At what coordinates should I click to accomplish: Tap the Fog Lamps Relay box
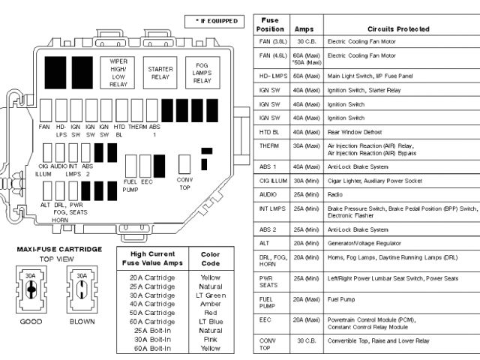pyautogui.click(x=202, y=73)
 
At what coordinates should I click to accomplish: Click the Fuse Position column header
pyautogui.click(x=270, y=23)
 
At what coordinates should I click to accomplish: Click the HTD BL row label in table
pyautogui.click(x=269, y=131)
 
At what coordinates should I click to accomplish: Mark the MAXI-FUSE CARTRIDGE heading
pyautogui.click(x=59, y=248)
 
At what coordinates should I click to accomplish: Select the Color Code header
pyautogui.click(x=211, y=259)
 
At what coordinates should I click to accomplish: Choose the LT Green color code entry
pyautogui.click(x=211, y=295)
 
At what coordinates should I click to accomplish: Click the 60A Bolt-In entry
pyautogui.click(x=153, y=349)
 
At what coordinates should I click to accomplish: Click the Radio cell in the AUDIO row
pyautogui.click(x=337, y=193)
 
